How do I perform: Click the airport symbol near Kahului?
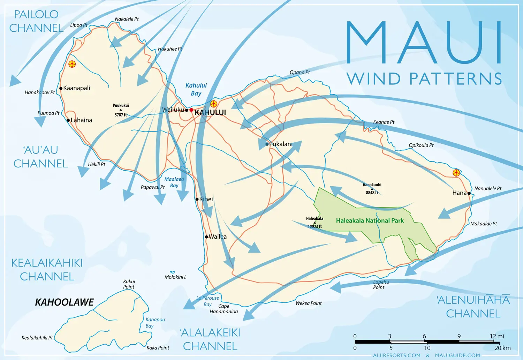pos(214,104)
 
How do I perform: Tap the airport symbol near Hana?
pos(456,173)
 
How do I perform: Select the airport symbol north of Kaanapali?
pos(72,64)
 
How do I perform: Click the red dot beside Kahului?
pos(191,110)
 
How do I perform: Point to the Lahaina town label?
pos(81,120)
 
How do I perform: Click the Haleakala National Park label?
pos(370,220)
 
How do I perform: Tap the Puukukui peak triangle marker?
pos(121,110)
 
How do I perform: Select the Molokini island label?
pos(175,277)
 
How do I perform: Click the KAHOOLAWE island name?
pos(65,302)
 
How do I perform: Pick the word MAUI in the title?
pos(424,43)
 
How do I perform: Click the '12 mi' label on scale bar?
pos(497,336)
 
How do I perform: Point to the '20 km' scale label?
pos(502,348)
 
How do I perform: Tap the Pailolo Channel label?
pos(36,21)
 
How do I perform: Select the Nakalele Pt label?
pos(127,19)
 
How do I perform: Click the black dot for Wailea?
pos(206,237)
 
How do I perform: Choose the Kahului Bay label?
pos(196,89)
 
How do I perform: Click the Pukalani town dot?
pos(267,144)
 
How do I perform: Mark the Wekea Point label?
pos(309,303)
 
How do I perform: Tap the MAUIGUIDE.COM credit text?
pos(457,355)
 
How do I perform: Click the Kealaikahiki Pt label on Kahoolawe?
pos(37,338)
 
